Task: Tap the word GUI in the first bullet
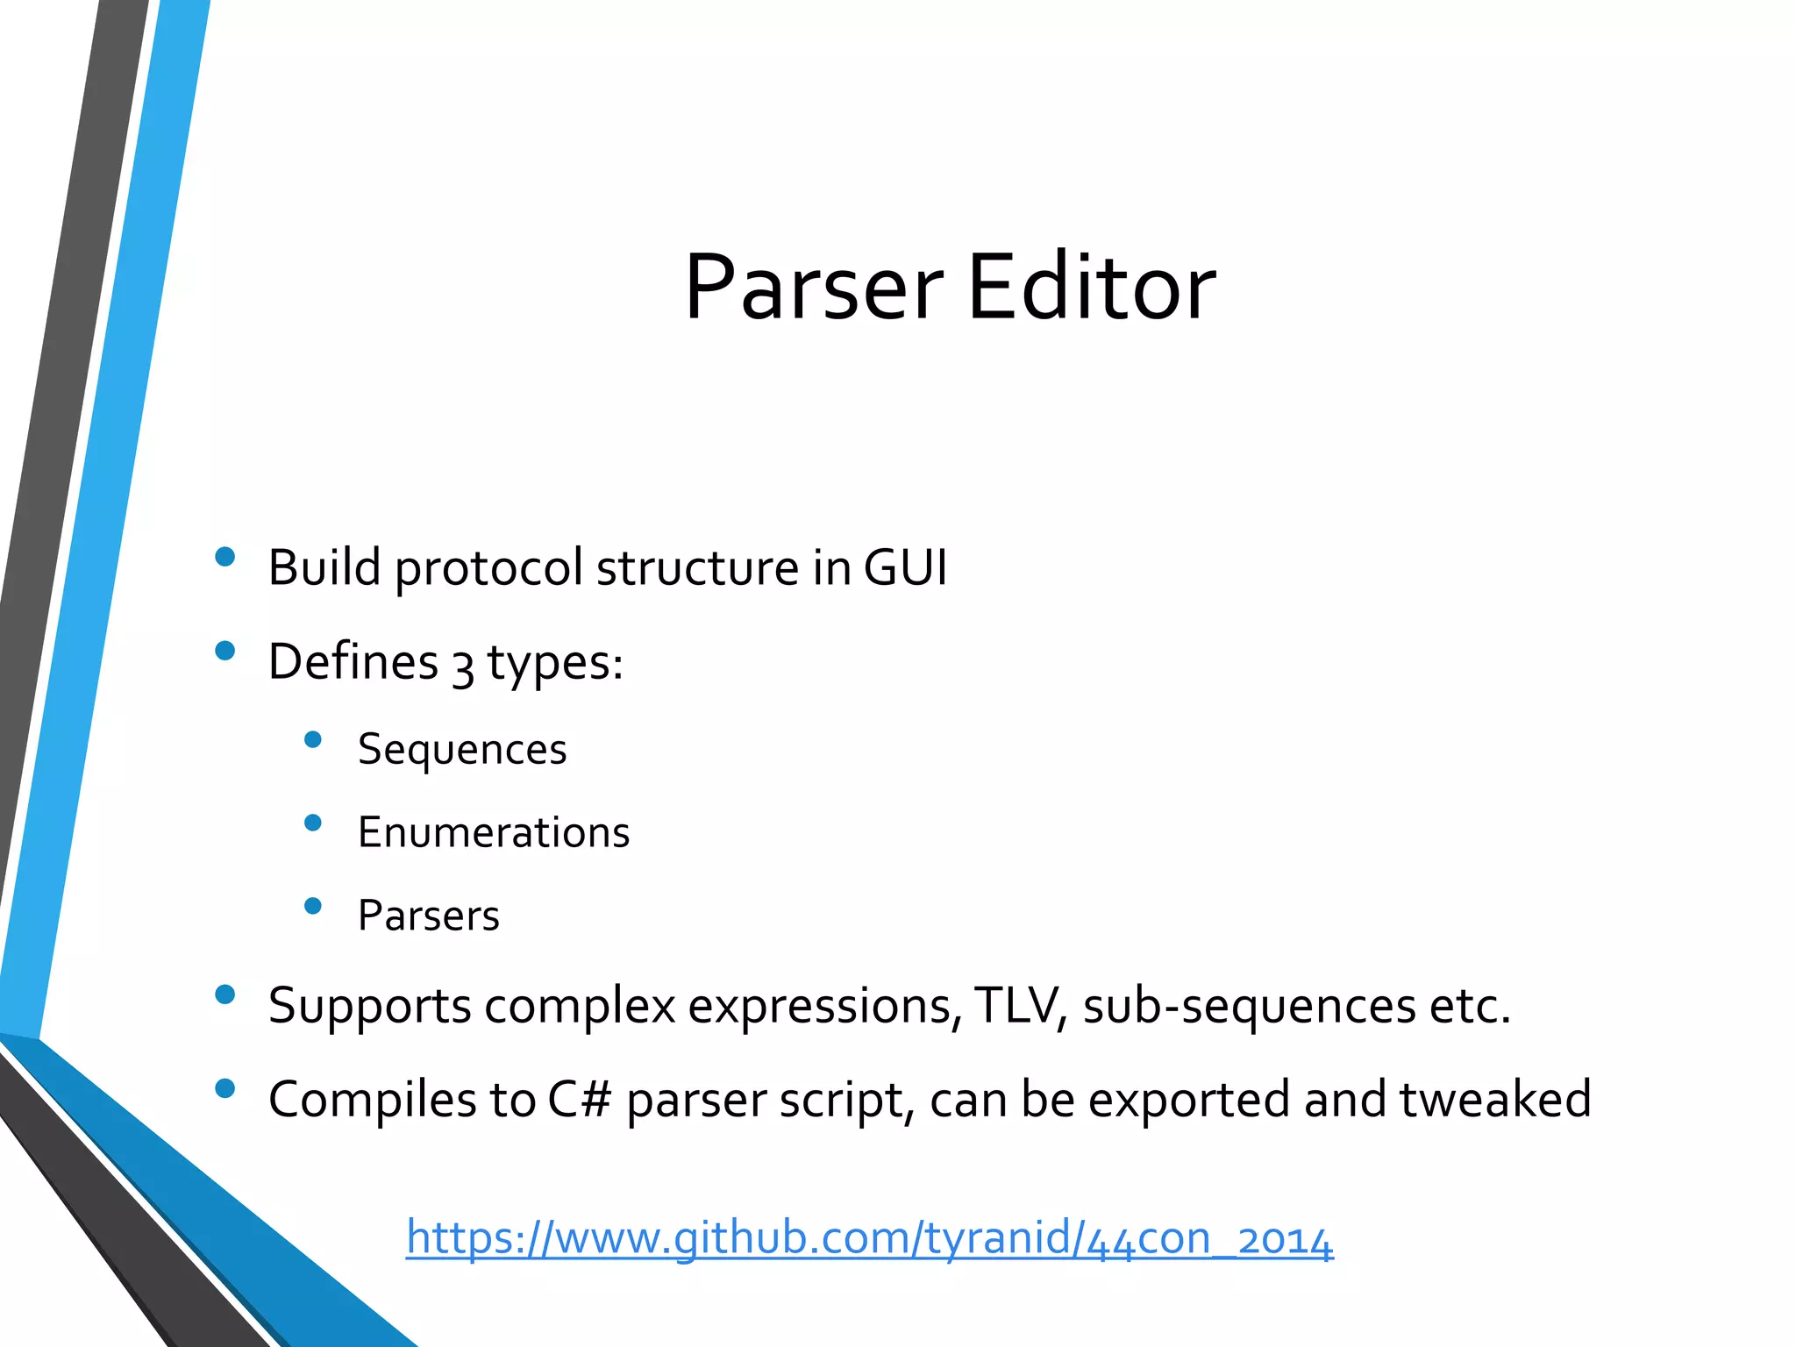[x=904, y=567]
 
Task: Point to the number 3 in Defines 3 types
[x=462, y=665]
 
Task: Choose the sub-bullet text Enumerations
[x=494, y=832]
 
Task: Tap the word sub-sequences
[x=1249, y=1006]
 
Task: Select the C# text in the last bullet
[x=579, y=1100]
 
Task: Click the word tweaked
[x=1495, y=1100]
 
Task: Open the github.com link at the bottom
[x=869, y=1238]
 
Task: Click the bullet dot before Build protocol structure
[x=225, y=557]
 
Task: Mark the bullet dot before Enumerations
[x=313, y=823]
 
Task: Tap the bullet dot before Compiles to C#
[x=225, y=1088]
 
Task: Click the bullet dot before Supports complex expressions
[x=225, y=994]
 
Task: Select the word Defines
[x=353, y=661]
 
